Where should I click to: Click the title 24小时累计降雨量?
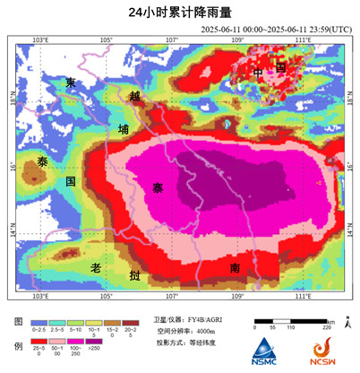point(179,13)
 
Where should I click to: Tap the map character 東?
point(70,83)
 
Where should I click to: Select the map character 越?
point(134,96)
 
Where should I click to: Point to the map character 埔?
point(124,129)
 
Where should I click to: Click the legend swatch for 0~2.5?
point(38,322)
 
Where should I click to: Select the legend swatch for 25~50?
point(38,347)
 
